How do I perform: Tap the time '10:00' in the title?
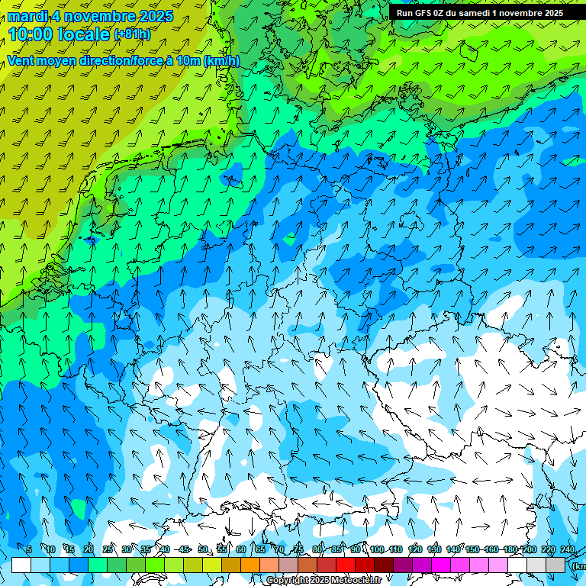coord(33,34)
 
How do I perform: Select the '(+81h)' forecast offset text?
coord(131,34)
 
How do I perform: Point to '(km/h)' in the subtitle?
coord(222,60)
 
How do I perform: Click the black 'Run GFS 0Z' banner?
coord(479,13)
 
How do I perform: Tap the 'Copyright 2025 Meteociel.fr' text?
coord(324,580)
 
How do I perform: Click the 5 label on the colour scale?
coord(29,549)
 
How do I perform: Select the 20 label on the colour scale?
coord(89,549)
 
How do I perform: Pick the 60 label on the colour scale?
coord(241,549)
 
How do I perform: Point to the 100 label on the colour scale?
coord(377,549)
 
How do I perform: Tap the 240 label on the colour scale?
coord(568,549)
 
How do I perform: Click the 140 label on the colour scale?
coord(453,549)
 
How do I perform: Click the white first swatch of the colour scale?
coord(21,565)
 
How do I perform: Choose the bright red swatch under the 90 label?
coord(346,565)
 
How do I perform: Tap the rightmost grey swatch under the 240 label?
coord(555,565)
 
